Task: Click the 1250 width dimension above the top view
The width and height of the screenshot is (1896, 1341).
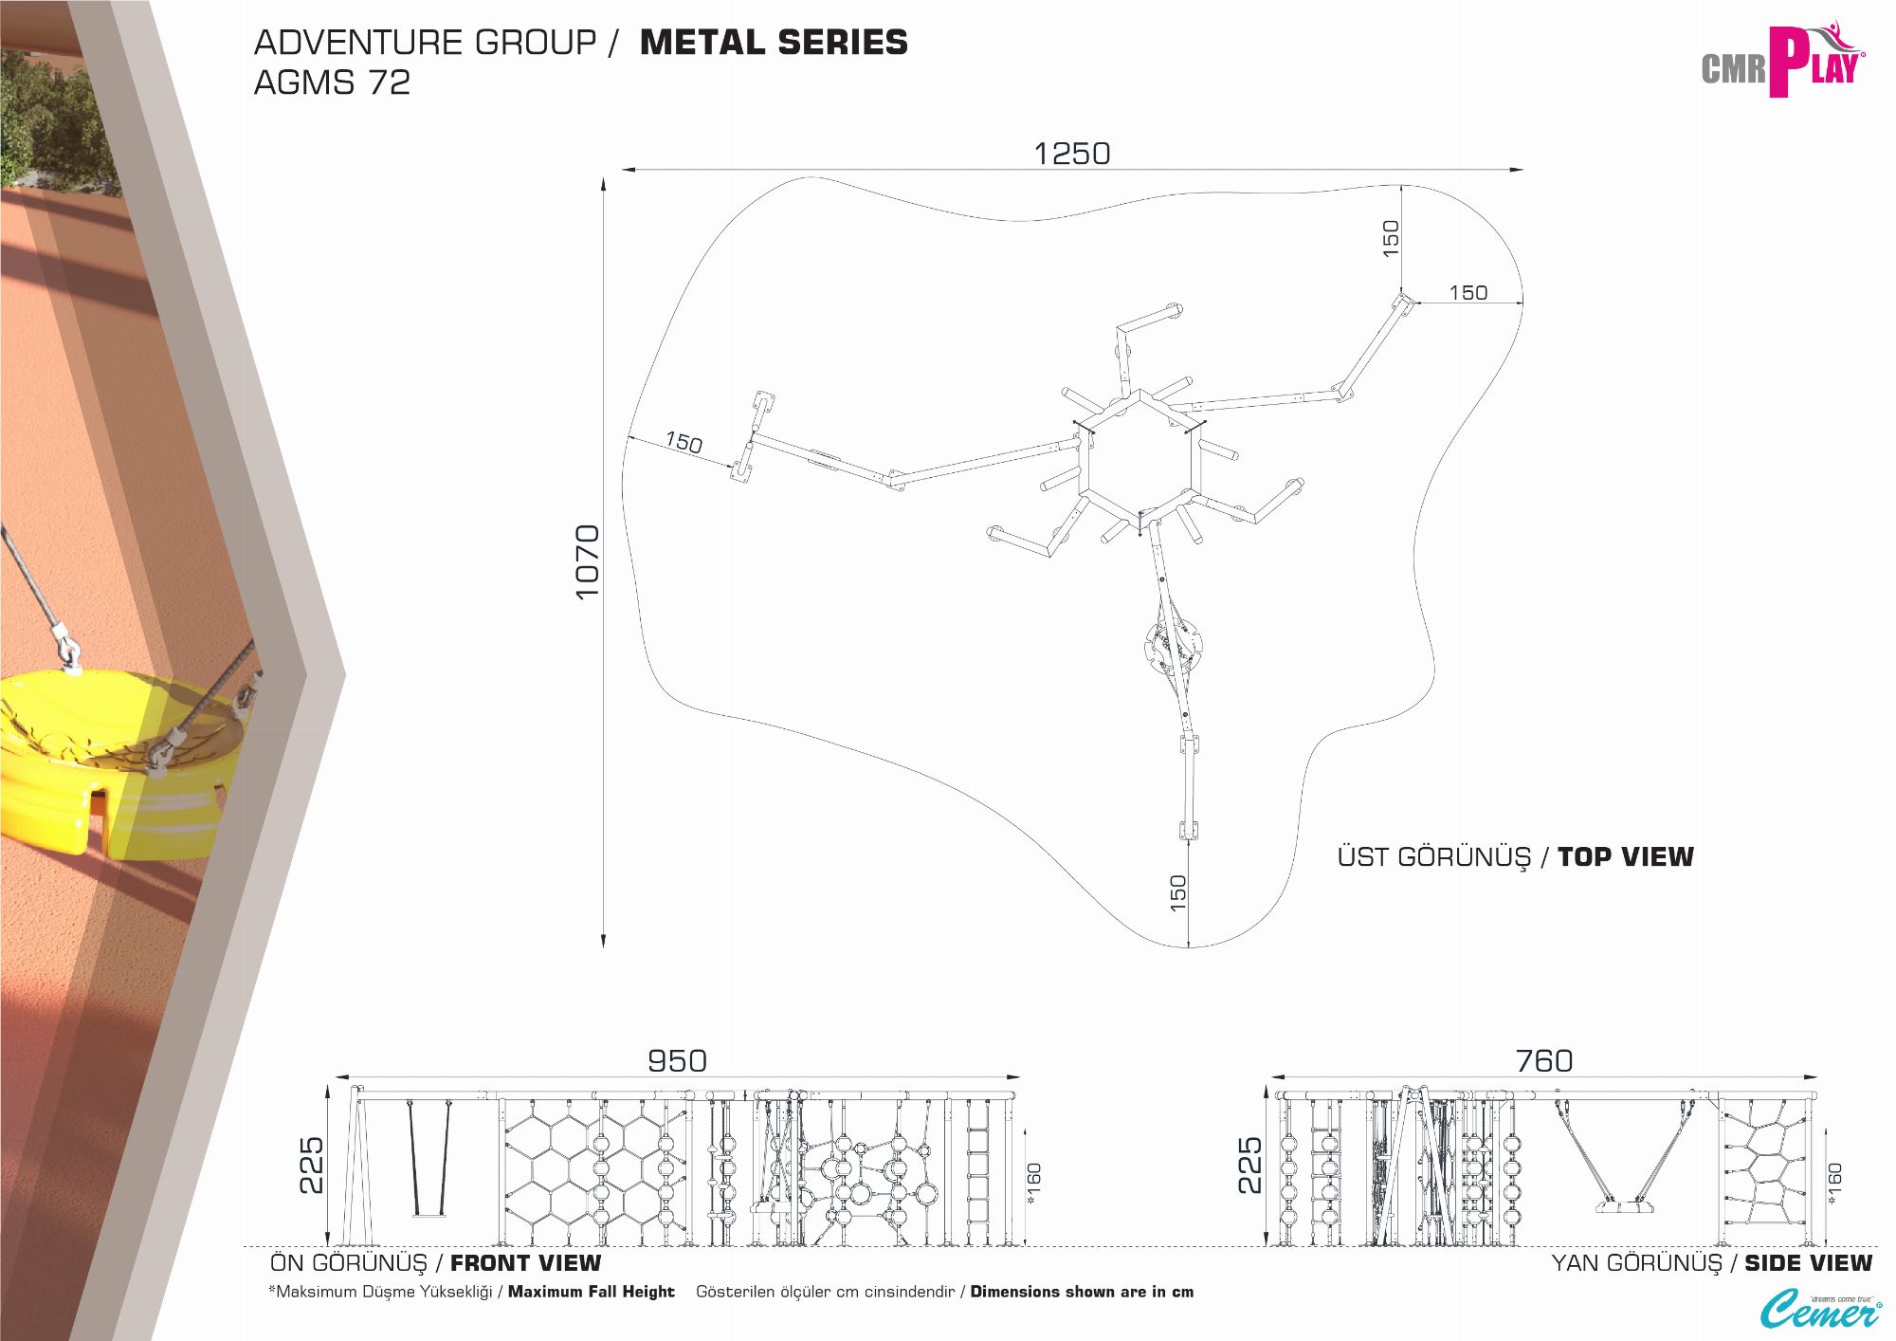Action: pos(1071,154)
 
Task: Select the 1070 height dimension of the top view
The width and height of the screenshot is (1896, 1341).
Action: pos(588,561)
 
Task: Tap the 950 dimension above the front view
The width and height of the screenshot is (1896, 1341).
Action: pos(677,1060)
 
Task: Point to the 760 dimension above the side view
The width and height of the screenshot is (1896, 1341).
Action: pos(1543,1060)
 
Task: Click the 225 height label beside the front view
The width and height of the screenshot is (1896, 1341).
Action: pos(311,1166)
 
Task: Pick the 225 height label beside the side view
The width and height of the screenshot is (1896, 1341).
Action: pos(1249,1166)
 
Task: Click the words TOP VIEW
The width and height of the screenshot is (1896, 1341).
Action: pos(1625,857)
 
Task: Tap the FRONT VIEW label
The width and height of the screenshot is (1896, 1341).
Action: pos(525,1263)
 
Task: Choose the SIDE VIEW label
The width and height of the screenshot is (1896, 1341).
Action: pos(1808,1263)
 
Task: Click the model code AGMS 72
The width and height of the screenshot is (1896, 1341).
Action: pos(332,83)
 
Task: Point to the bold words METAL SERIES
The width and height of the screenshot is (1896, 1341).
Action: pos(774,43)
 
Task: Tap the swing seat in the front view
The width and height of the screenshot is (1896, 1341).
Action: pos(428,1212)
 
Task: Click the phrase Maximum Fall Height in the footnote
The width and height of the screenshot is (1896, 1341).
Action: pos(591,1292)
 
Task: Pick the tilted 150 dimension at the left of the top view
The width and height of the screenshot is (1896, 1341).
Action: pos(684,442)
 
